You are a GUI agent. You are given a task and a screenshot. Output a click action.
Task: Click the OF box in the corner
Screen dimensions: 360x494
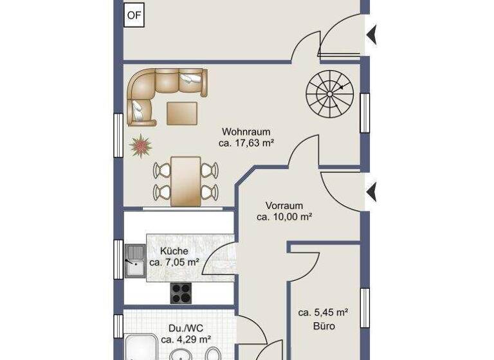tap(134, 16)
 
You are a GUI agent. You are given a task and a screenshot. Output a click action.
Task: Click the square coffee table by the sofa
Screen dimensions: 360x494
tap(183, 113)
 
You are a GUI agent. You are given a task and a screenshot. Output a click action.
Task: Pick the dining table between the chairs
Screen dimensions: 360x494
tap(187, 179)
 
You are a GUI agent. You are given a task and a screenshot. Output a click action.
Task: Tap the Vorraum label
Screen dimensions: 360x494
tap(284, 206)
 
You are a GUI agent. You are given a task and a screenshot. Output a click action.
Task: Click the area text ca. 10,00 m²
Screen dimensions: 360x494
tap(284, 217)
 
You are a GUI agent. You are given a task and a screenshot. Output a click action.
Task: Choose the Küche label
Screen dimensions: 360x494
tap(174, 251)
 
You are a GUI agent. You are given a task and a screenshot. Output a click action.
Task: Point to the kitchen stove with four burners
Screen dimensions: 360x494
tap(182, 292)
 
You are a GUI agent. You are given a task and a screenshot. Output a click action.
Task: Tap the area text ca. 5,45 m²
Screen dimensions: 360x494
tap(323, 313)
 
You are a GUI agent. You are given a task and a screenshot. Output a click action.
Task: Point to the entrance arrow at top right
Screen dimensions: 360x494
tap(372, 35)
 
